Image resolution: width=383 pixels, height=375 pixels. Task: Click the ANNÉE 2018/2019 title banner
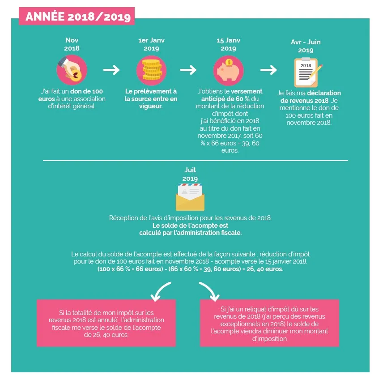[77, 16]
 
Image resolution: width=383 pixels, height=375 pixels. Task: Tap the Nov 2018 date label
[72, 44]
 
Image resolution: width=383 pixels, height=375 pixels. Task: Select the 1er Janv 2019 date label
[151, 44]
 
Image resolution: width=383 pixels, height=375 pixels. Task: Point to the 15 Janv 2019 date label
[228, 44]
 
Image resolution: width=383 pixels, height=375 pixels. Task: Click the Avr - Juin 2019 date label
[306, 46]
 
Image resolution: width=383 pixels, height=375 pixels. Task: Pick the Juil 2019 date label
[190, 174]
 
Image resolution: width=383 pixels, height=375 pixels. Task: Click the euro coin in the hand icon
[76, 75]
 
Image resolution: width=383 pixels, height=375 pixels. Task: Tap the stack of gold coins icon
[151, 70]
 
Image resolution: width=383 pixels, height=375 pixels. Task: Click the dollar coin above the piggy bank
[229, 63]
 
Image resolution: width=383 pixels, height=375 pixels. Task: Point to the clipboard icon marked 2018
[306, 72]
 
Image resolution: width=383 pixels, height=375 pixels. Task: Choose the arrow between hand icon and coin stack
[111, 70]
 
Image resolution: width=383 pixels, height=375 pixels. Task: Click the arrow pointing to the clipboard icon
[268, 70]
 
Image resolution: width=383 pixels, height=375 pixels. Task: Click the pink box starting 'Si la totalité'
[106, 323]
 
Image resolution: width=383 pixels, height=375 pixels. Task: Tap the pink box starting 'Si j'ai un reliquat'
[269, 323]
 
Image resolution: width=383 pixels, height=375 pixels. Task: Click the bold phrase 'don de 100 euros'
[71, 95]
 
